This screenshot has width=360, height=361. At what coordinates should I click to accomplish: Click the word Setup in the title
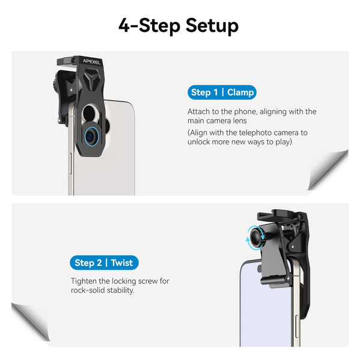tap(212, 26)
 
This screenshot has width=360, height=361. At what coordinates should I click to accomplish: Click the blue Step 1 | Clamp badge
tap(222, 92)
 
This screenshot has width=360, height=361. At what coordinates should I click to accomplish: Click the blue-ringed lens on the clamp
tap(91, 135)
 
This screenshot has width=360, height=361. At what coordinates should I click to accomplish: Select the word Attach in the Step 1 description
tap(199, 112)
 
